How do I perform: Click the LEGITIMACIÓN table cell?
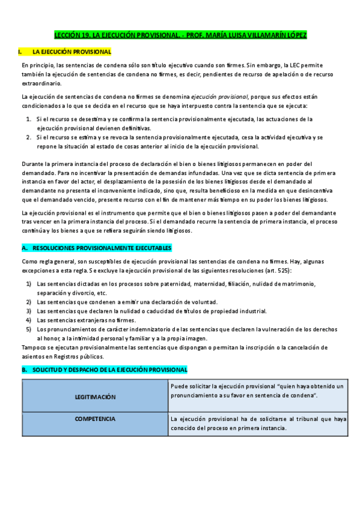pos(95,397)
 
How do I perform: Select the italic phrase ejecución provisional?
pos(219,96)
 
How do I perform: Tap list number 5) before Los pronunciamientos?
pos(28,330)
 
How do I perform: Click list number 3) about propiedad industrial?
pos(28,311)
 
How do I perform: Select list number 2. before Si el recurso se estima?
pos(29,137)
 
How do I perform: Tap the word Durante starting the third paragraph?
pos(33,164)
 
